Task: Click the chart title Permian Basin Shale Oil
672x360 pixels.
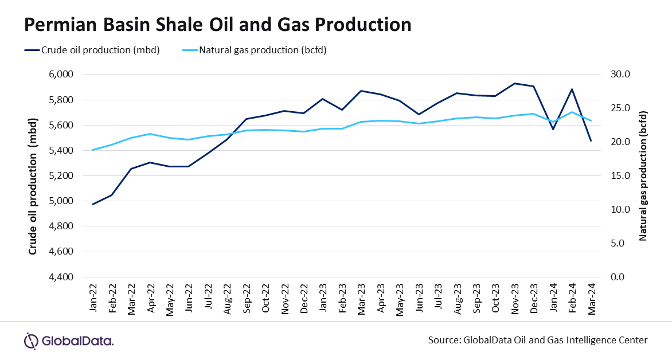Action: tap(217, 25)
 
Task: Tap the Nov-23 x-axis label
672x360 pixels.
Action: tap(515, 296)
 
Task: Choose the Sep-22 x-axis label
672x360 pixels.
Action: tap(246, 296)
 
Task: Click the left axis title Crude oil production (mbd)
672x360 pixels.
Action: tap(33, 175)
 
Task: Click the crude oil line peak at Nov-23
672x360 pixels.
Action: tap(515, 83)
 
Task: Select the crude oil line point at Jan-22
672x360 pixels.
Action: tap(92, 204)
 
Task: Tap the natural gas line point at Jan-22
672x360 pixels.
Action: tap(92, 150)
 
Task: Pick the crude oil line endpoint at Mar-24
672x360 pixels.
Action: tap(591, 140)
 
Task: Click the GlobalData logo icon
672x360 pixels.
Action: tap(31, 341)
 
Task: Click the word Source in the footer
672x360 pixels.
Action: tap(443, 340)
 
